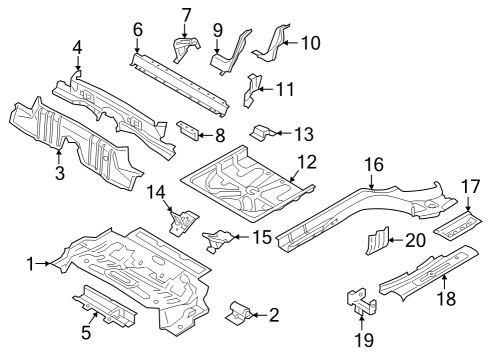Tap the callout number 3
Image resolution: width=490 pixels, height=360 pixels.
(x=59, y=173)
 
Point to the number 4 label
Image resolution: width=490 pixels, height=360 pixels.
(x=77, y=46)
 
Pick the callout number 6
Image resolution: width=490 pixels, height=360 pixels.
(x=137, y=29)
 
